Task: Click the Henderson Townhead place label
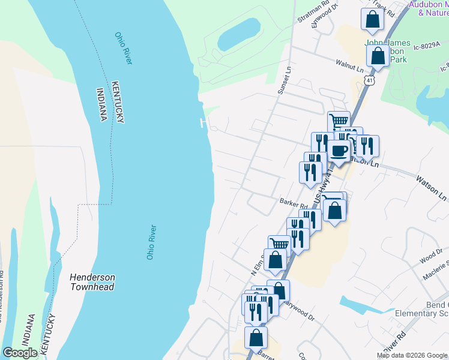coord(92,282)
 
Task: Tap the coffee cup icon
coord(340,150)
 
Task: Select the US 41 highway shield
coord(372,80)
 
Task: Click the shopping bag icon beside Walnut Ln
coord(378,56)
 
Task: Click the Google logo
coord(20,353)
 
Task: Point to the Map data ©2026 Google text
coord(412,355)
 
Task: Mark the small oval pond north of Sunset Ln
coord(238,34)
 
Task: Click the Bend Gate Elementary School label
coord(422,308)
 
